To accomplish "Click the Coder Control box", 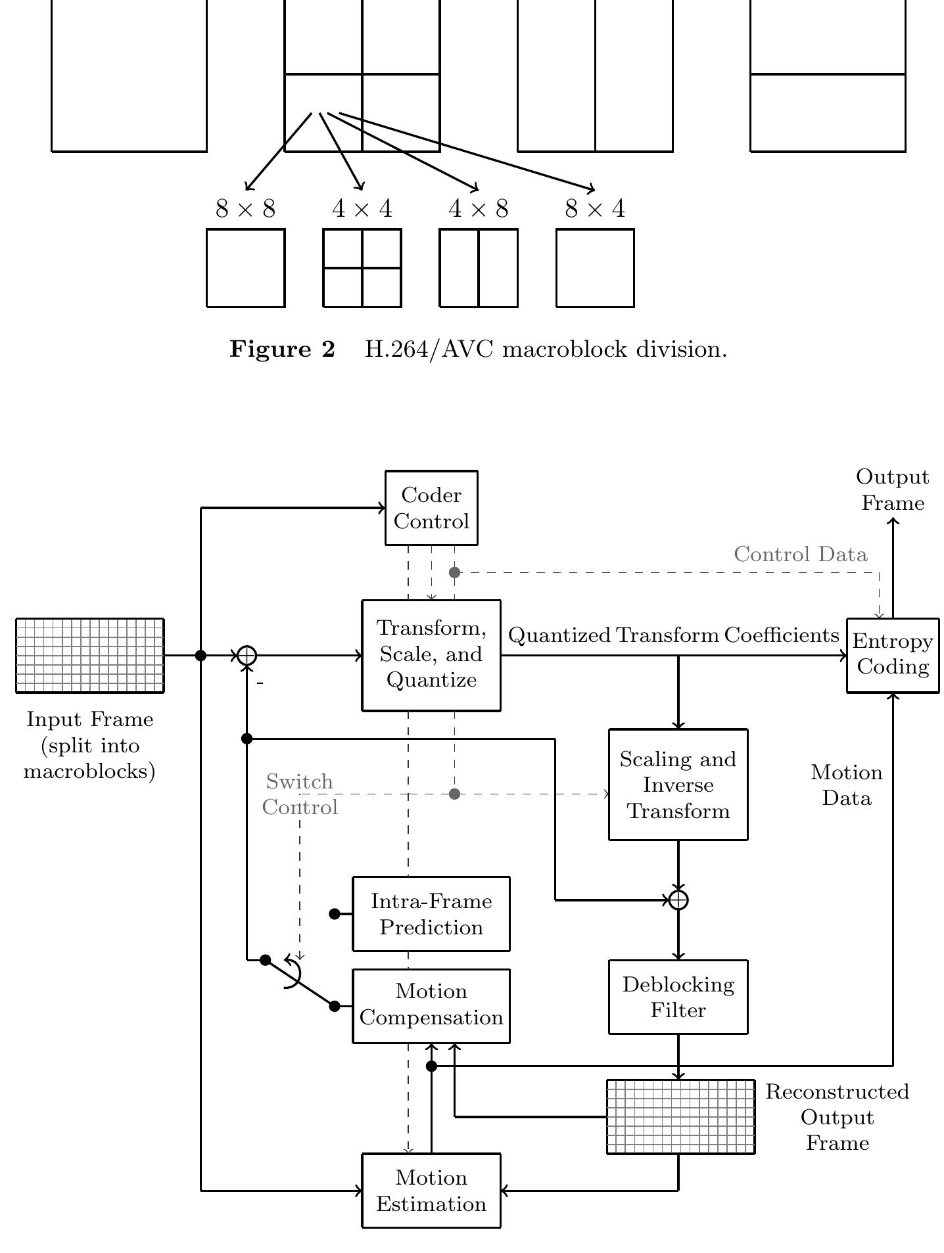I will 431,508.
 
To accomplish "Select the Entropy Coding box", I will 893,655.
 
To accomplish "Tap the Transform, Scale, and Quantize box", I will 431,655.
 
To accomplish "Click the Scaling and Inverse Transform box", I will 678,785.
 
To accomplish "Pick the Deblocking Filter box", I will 678,997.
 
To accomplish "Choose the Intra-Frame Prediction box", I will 431,914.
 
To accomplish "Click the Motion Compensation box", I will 431,1005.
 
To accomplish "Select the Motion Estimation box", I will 431,1191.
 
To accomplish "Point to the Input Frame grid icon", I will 89,655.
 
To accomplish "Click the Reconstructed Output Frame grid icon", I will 680,1116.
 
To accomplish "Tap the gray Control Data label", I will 800,555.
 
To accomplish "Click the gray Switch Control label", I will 300,794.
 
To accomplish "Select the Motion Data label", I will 847,785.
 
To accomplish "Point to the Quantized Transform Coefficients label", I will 674,635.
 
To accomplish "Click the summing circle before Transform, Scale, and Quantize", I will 247,655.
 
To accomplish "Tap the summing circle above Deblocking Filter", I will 678,900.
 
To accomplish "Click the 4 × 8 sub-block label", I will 478,209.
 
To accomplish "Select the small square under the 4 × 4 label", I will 362,268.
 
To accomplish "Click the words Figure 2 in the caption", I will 282,350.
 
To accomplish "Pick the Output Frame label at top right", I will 892,490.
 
